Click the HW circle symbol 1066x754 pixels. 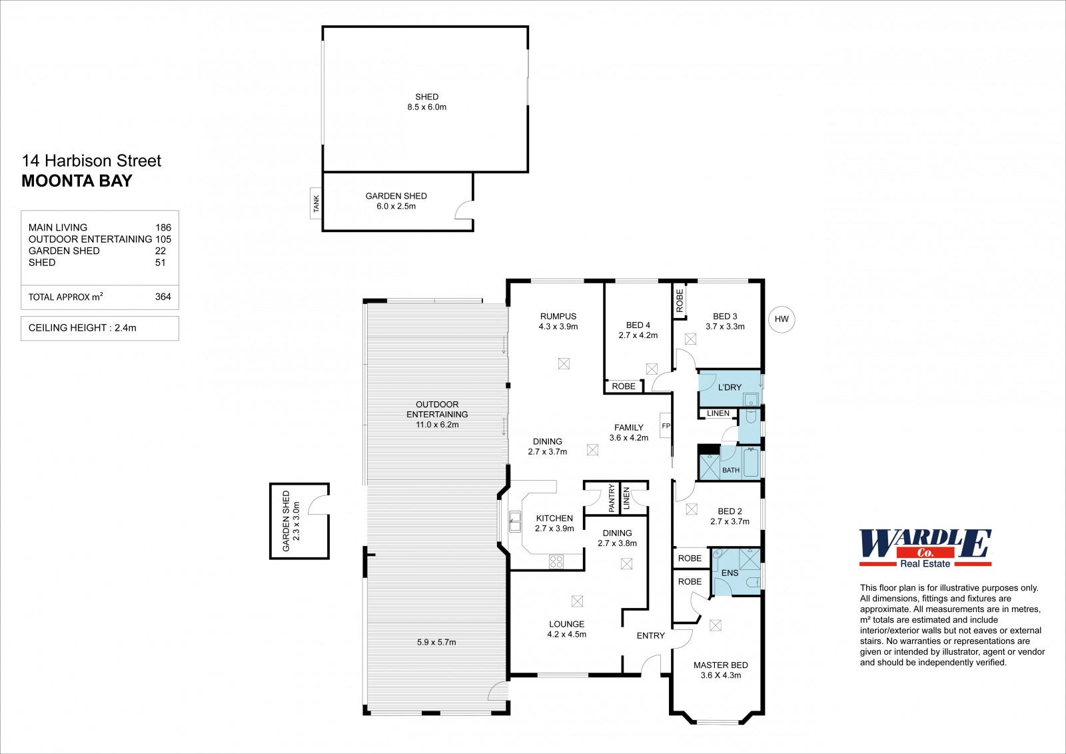point(782,319)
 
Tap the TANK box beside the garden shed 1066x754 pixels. point(316,203)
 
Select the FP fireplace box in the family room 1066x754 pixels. point(666,425)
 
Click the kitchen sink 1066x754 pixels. point(514,521)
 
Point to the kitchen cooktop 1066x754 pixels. point(556,561)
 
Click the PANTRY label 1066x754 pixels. point(612,498)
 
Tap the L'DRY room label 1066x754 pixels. point(730,387)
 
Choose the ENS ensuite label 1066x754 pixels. point(730,573)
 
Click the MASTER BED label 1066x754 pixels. point(720,665)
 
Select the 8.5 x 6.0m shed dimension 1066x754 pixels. point(427,107)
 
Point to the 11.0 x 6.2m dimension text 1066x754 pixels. point(437,425)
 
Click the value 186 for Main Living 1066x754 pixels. point(163,228)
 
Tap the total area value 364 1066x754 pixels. point(163,297)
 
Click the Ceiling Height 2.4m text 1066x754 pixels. point(83,328)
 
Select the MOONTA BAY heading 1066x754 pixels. point(77,181)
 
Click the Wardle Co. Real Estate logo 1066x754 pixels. point(925,548)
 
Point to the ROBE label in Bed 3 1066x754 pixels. point(680,301)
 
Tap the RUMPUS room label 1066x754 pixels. point(558,316)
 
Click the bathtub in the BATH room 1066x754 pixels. point(750,462)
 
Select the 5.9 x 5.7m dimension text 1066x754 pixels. point(436,642)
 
